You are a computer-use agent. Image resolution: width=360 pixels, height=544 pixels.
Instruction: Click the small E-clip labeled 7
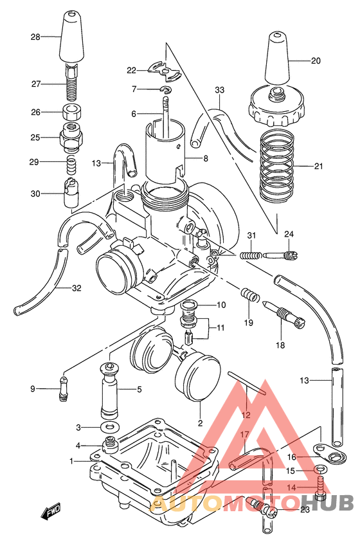[166, 89]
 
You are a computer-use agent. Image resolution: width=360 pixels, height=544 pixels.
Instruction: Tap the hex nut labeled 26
[73, 111]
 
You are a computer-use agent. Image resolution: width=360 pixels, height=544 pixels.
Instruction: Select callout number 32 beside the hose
[76, 288]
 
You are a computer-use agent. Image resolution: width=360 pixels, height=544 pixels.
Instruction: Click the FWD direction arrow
[50, 512]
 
